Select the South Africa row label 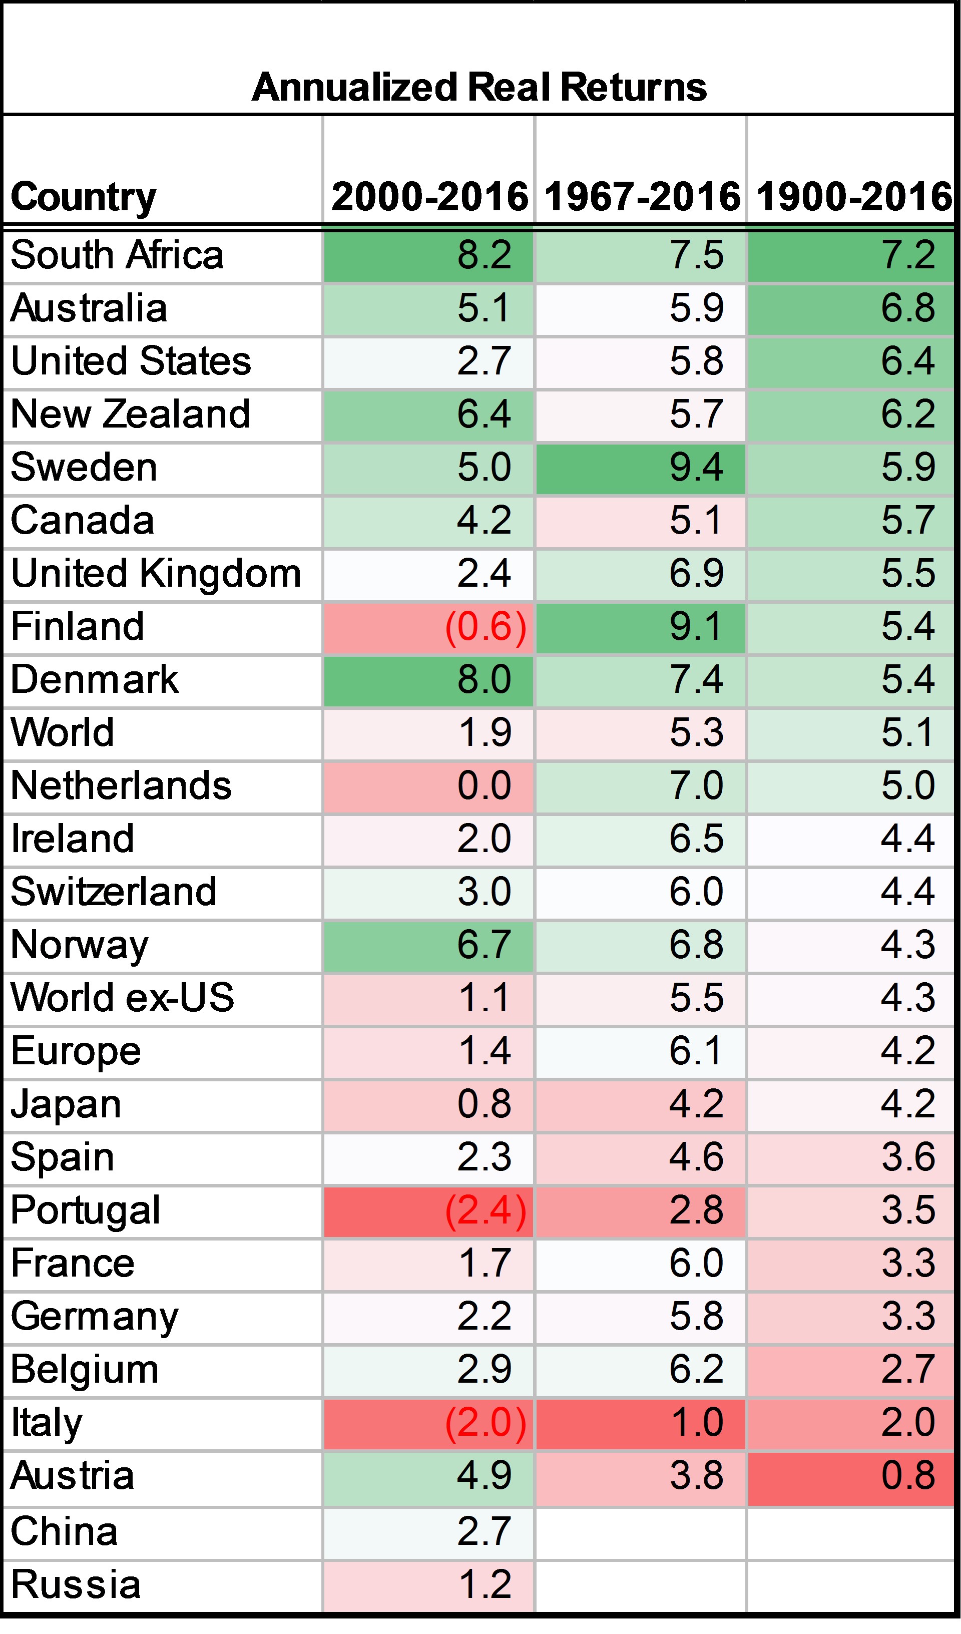117,255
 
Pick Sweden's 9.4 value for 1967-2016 696,468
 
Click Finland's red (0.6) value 485,627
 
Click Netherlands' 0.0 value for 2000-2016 484,786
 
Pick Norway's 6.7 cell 484,945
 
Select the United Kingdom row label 156,574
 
